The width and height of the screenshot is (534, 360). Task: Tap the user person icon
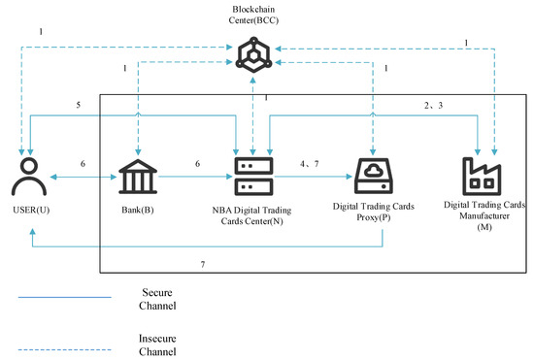[31, 176]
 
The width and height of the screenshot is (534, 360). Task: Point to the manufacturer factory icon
[482, 177]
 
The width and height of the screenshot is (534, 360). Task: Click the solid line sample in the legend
[57, 298]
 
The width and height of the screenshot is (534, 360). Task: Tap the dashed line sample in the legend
[57, 339]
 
